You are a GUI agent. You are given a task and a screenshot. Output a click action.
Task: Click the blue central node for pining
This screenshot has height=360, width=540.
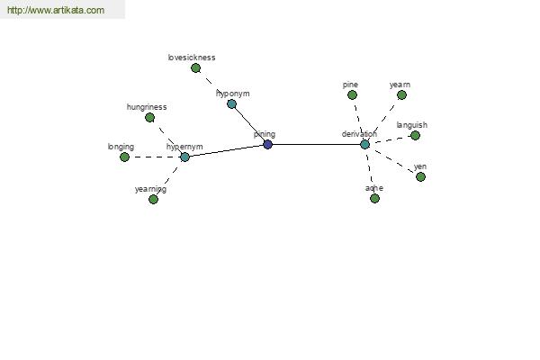[267, 144]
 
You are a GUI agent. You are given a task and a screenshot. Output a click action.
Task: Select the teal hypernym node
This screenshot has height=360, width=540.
[184, 157]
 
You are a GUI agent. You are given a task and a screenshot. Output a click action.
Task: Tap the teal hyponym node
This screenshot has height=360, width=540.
[232, 103]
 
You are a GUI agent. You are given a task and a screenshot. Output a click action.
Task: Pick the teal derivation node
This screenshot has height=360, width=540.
[364, 144]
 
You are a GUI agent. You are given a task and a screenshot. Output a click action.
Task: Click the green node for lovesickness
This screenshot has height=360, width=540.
[195, 67]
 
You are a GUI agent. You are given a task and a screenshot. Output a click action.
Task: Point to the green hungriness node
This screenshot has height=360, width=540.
[149, 118]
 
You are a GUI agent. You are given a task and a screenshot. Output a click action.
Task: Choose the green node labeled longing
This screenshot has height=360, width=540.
[124, 157]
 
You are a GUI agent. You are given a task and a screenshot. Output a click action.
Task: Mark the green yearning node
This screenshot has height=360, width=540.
[153, 199]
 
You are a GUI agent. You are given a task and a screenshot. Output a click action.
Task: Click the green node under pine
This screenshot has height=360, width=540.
[352, 94]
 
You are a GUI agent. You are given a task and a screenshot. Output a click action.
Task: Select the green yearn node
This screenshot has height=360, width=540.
[401, 94]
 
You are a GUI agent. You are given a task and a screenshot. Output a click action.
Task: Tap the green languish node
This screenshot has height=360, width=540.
[415, 135]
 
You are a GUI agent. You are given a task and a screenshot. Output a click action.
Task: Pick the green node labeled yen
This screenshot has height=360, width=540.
[420, 176]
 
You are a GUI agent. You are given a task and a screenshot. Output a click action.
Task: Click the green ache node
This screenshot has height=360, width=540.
[374, 198]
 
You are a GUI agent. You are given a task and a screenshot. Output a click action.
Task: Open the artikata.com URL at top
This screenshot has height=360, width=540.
[56, 10]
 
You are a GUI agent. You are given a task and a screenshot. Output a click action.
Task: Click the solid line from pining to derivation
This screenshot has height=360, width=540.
[316, 144]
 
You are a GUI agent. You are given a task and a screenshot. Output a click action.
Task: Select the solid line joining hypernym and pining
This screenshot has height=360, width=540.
[226, 151]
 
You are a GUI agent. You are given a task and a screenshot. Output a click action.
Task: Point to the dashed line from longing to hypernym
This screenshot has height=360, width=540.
[155, 157]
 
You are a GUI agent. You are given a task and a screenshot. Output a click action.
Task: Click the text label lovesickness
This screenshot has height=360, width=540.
[192, 58]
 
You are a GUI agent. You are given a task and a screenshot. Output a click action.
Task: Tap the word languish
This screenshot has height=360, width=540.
[412, 125]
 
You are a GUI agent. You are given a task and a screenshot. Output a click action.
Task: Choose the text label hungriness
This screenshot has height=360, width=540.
[147, 107]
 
